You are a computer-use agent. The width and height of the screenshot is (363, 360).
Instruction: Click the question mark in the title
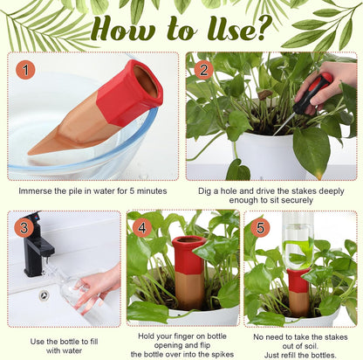[x=263, y=29]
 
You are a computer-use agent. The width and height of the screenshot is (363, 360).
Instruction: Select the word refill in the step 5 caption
[x=287, y=347]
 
